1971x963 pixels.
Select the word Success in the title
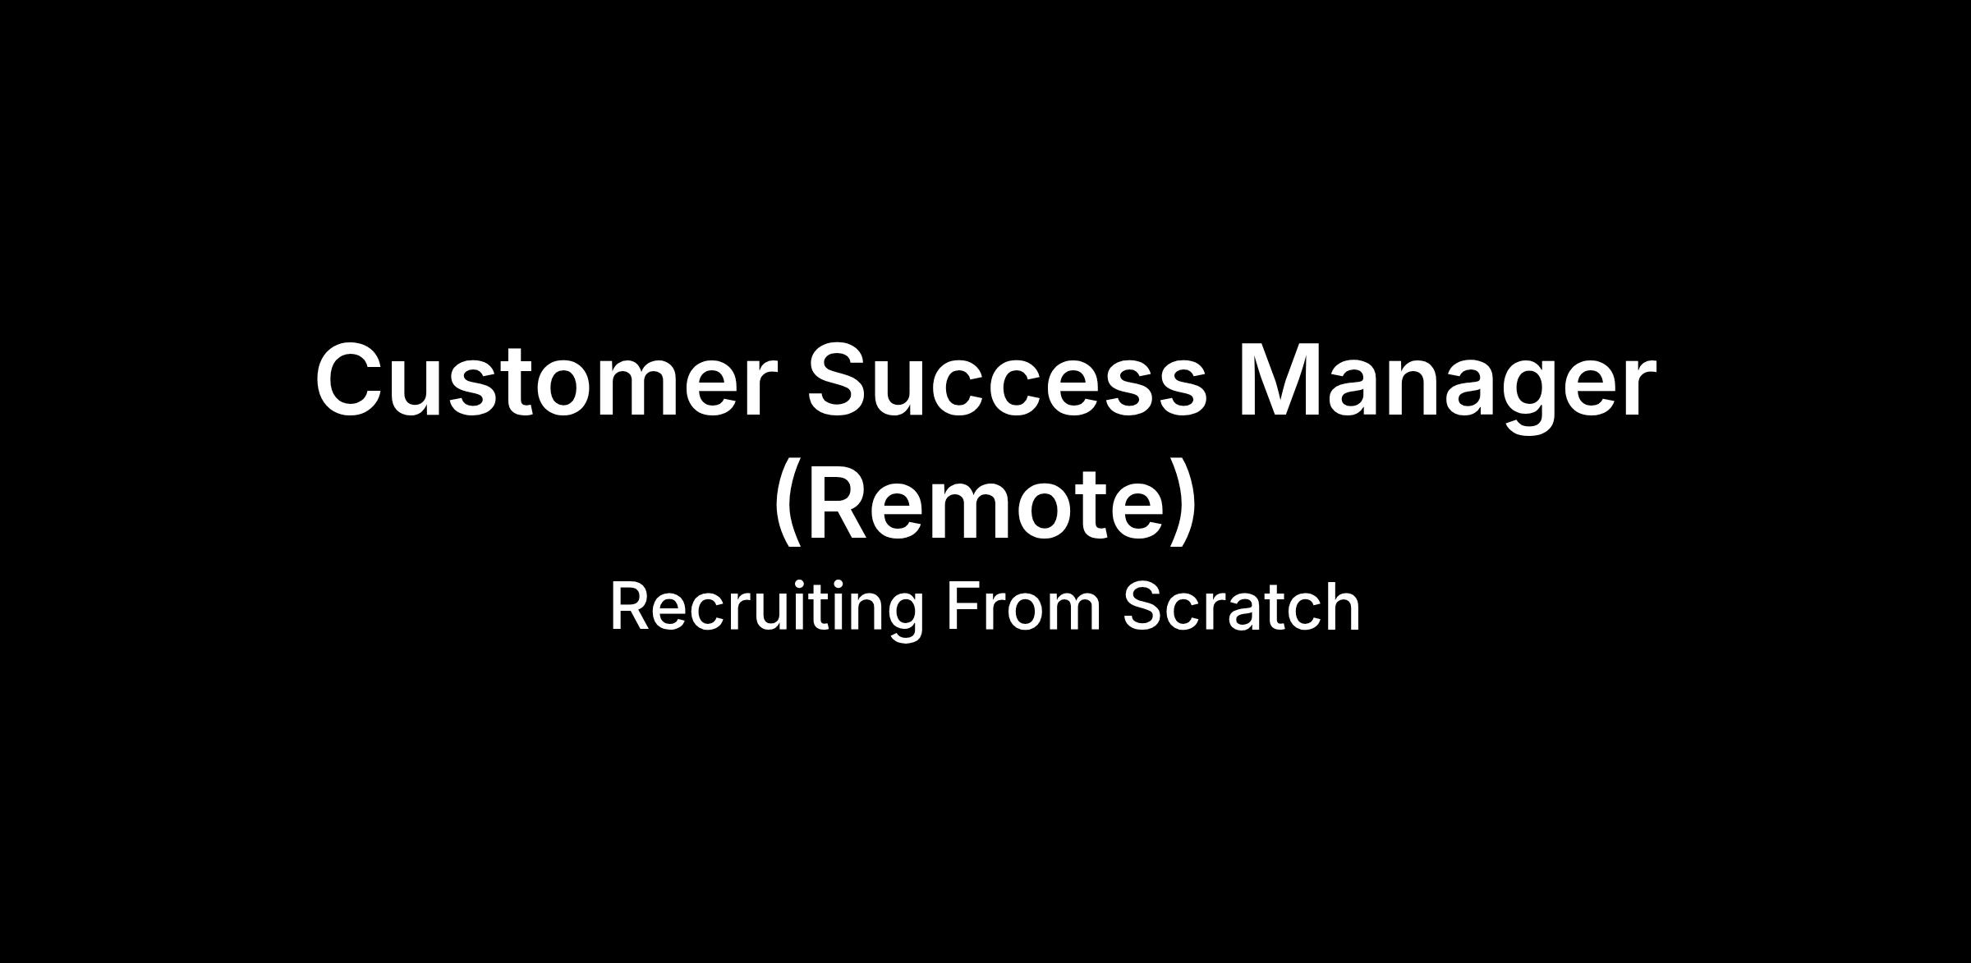(x=1007, y=380)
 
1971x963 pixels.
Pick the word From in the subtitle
(x=1023, y=607)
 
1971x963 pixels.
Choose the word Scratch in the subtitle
(x=1242, y=607)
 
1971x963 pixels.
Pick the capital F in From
(x=964, y=607)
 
